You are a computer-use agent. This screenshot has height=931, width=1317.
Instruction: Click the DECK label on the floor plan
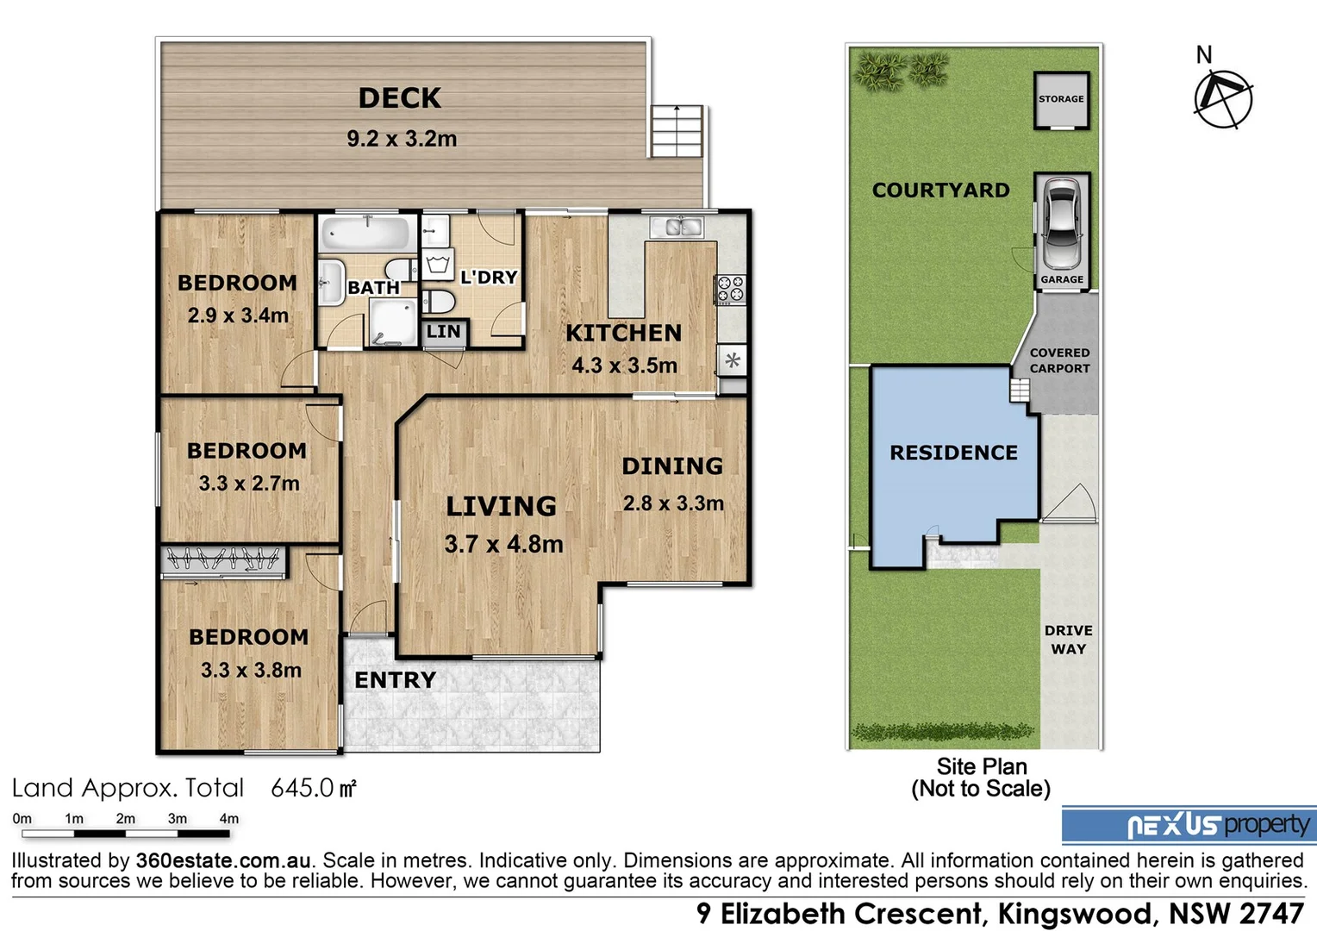(400, 98)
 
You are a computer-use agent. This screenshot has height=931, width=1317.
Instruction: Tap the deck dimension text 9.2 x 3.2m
(402, 139)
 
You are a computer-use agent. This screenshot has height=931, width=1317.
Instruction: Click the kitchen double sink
(677, 227)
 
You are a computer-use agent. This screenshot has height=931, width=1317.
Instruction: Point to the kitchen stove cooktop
(731, 289)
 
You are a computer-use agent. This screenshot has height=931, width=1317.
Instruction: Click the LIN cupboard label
(444, 332)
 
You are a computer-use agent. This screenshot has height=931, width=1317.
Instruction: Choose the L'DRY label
(489, 278)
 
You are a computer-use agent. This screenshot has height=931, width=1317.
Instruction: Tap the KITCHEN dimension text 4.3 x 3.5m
(624, 366)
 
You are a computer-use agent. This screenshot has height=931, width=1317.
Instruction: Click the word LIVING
(501, 506)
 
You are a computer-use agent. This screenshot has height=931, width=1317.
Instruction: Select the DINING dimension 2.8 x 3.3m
(673, 503)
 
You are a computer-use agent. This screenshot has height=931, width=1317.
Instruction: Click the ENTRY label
(395, 680)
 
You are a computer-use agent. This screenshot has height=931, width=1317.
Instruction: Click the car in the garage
(1062, 223)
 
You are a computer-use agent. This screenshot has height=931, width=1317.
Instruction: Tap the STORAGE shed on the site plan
(1061, 100)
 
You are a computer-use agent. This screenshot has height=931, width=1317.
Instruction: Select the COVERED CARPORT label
(1059, 360)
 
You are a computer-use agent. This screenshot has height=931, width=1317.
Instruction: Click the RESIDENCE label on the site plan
(953, 453)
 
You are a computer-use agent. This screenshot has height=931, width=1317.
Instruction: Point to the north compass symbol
(1223, 97)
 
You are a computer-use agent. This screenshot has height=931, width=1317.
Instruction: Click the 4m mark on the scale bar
(229, 819)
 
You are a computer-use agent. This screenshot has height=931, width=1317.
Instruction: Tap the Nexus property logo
(1189, 825)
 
